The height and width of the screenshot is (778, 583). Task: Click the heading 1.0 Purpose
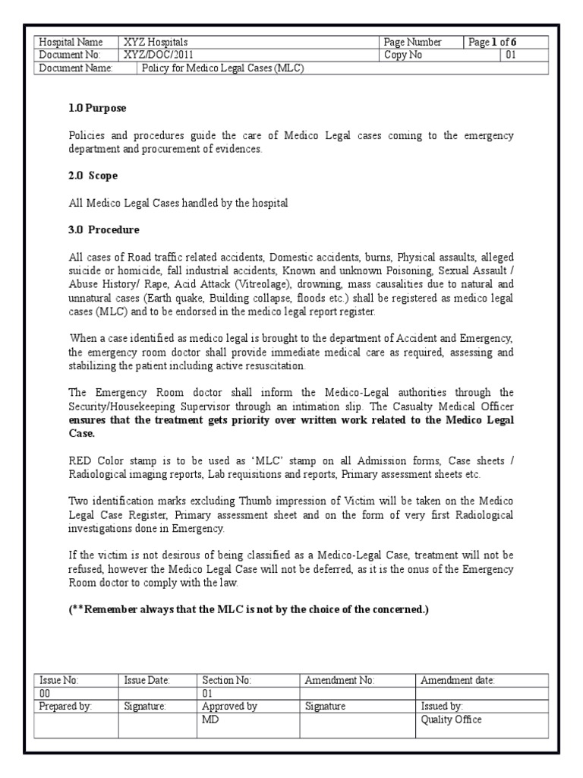97,109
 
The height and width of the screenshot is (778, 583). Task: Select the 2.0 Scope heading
93,176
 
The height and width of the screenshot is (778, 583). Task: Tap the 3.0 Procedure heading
104,229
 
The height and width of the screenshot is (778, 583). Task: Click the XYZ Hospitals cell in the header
156,43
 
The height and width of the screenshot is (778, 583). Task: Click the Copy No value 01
510,55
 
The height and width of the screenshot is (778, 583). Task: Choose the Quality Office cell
451,719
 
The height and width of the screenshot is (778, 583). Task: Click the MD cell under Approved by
210,719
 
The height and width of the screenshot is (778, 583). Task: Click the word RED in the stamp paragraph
80,462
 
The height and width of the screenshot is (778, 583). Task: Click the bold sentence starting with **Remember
249,610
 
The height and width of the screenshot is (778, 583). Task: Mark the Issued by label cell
442,707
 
